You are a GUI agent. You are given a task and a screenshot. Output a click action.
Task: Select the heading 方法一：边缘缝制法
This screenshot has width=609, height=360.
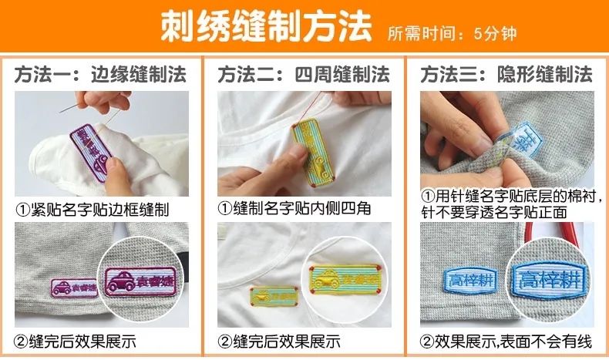(100, 74)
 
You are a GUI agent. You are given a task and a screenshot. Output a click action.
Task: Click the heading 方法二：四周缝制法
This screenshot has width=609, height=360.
(303, 74)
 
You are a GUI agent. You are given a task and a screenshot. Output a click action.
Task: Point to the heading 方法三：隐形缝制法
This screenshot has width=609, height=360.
(506, 74)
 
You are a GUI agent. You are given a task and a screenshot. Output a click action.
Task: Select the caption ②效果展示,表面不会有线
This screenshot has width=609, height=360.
(506, 341)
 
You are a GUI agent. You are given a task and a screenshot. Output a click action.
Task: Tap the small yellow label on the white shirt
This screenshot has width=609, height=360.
(274, 294)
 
